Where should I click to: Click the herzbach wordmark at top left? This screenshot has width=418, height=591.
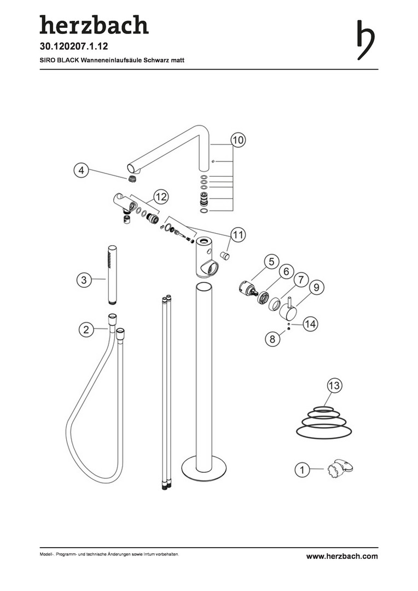click(x=94, y=25)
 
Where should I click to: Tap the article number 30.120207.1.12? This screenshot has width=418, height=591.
click(x=74, y=47)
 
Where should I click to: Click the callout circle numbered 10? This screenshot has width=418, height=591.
click(x=238, y=140)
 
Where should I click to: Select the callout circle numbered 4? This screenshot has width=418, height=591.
click(x=81, y=170)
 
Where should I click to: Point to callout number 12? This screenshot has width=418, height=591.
click(x=160, y=197)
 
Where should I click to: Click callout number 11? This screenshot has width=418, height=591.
click(x=238, y=235)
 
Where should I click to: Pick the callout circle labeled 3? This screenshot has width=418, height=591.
click(x=84, y=280)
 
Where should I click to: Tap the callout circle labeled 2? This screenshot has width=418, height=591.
click(x=86, y=330)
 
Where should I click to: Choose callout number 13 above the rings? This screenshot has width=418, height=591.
click(x=334, y=386)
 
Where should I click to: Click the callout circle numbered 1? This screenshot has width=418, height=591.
click(x=302, y=470)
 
